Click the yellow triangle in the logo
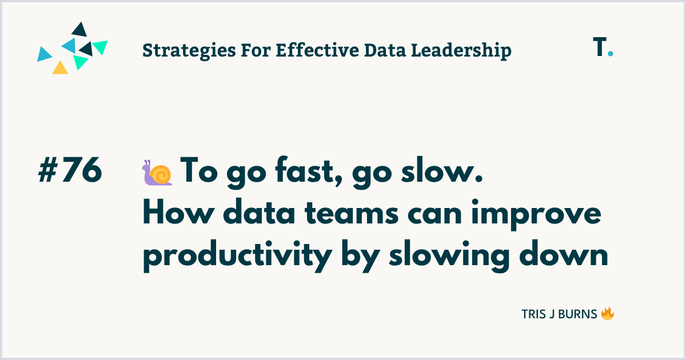60,69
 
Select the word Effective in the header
317,50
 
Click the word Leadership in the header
461,51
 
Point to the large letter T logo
600,46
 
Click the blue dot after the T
611,53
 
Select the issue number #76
70,170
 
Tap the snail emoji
157,173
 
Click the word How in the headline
178,213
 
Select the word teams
352,214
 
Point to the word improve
536,214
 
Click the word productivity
238,256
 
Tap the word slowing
449,256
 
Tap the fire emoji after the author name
608,314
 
